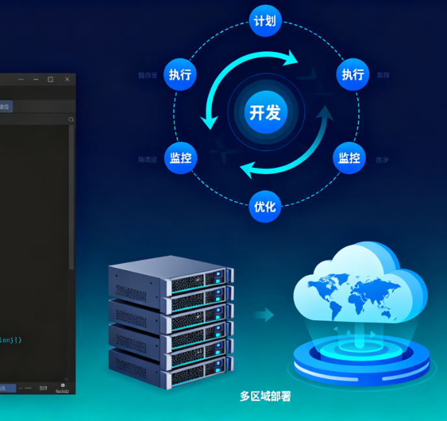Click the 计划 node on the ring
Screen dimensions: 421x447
click(x=265, y=21)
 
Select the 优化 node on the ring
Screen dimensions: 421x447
click(x=265, y=207)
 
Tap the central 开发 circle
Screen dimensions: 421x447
click(x=265, y=112)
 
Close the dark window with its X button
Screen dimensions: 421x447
click(x=67, y=79)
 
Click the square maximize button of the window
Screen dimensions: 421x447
click(x=50, y=79)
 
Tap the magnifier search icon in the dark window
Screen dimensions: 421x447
click(x=71, y=119)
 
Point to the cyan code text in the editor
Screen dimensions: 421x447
click(x=11, y=340)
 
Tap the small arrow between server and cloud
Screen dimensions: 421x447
click(x=264, y=316)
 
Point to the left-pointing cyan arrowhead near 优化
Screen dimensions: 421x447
click(x=247, y=171)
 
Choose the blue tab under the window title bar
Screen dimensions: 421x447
click(x=5, y=106)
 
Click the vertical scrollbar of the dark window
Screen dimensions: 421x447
click(x=71, y=195)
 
